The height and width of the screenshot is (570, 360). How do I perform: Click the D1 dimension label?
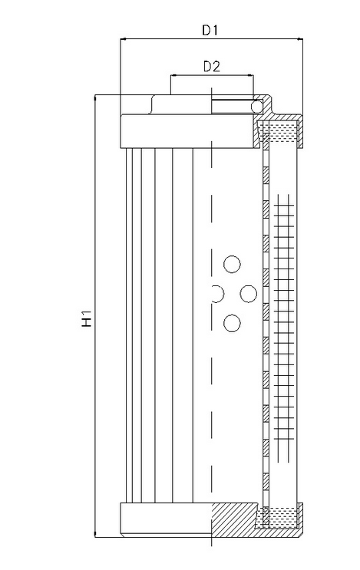pos(210,31)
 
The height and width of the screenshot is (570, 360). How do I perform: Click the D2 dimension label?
pos(212,67)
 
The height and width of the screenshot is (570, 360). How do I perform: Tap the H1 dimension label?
pos(87,319)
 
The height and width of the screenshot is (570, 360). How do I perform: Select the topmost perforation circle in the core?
pos(232,264)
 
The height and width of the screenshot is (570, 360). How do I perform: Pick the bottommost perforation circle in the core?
pos(232,323)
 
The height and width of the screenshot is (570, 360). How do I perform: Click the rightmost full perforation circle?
pos(249,294)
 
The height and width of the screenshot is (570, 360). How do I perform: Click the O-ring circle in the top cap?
pos(257,106)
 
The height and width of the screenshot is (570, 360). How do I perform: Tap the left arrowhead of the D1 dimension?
pos(123,39)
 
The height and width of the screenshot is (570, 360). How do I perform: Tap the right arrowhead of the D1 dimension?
pos(299,39)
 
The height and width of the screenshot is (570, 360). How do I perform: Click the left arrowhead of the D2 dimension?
pos(173,76)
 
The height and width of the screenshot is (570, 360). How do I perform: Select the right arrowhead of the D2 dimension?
pos(251,76)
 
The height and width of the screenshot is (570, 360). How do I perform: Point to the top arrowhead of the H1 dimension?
pos(95,98)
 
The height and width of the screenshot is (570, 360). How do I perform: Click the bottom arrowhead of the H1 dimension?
pos(95,533)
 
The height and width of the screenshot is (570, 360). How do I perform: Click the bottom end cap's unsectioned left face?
pos(166,520)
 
